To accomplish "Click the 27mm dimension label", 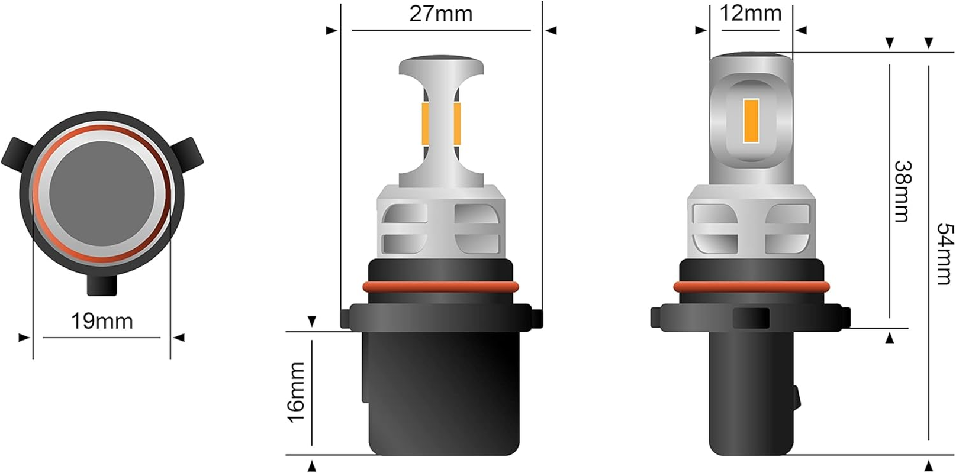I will pyautogui.click(x=441, y=14).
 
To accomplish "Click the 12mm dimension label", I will pyautogui.click(x=751, y=12).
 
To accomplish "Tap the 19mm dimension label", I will pyautogui.click(x=102, y=321).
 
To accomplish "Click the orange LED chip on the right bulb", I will pyautogui.click(x=751, y=121).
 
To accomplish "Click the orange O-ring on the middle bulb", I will pyautogui.click(x=440, y=287).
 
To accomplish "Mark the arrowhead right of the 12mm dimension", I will pyautogui.click(x=800, y=30).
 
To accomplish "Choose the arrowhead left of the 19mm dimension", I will pyautogui.click(x=24, y=338).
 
